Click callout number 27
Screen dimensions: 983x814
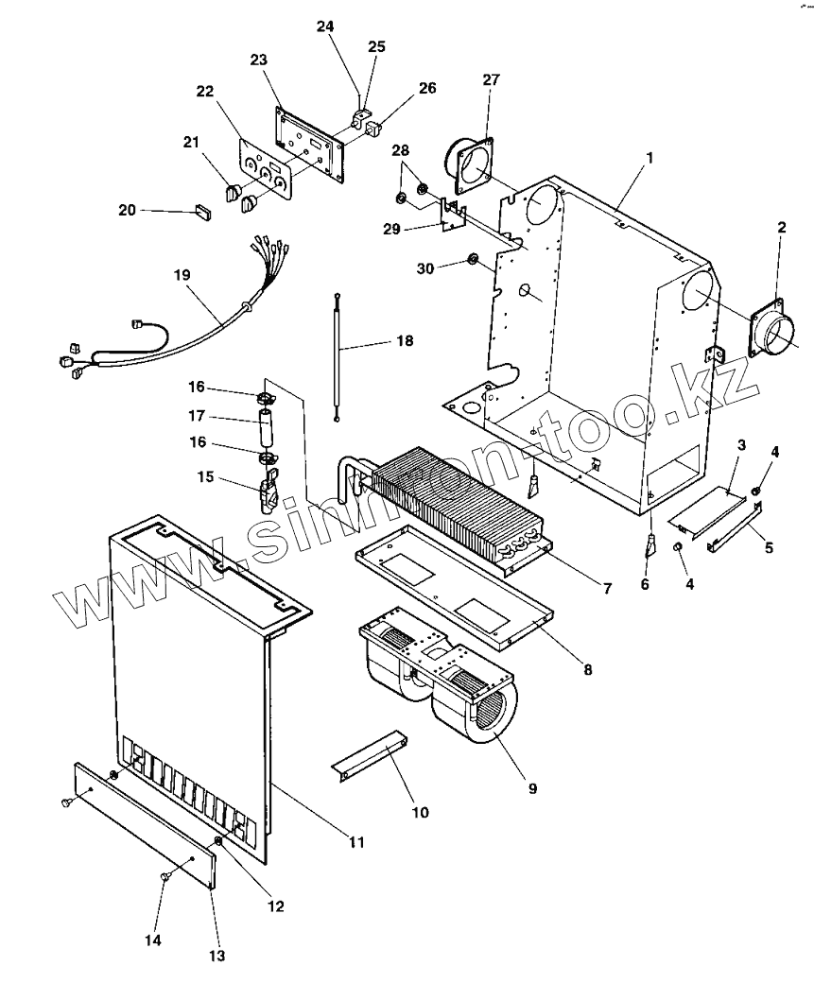pyautogui.click(x=490, y=80)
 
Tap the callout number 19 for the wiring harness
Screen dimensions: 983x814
pyautogui.click(x=182, y=275)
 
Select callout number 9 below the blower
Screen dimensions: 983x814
pyautogui.click(x=532, y=786)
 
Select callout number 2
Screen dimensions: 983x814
pyautogui.click(x=781, y=229)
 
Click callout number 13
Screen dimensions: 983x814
pyautogui.click(x=216, y=957)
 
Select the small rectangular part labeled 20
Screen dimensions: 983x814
pyautogui.click(x=202, y=212)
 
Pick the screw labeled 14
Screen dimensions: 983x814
pyautogui.click(x=165, y=878)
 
